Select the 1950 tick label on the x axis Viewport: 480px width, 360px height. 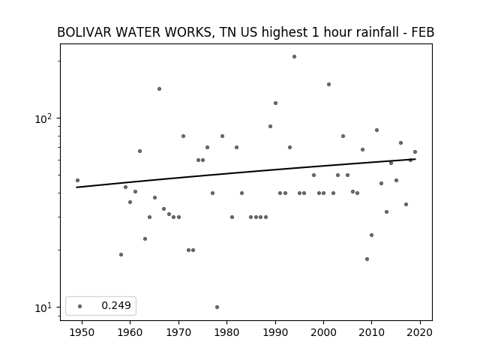[x=82, y=332]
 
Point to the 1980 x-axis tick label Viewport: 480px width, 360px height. [x=226, y=332]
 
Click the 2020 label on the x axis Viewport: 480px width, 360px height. [x=420, y=332]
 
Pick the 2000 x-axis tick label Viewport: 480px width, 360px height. [x=323, y=332]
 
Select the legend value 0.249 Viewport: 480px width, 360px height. [x=116, y=305]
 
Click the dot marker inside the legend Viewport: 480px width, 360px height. [x=80, y=306]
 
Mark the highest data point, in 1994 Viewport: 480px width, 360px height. [x=294, y=57]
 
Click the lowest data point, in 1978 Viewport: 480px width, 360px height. [x=217, y=307]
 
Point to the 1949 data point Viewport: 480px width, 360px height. [x=77, y=180]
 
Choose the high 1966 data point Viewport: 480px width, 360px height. [x=159, y=88]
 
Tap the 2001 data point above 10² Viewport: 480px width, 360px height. [x=328, y=85]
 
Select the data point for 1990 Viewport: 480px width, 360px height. [x=275, y=103]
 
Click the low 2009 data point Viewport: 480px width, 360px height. [x=367, y=259]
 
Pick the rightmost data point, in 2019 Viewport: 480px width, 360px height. [x=415, y=151]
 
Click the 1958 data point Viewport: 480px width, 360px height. [x=121, y=255]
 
